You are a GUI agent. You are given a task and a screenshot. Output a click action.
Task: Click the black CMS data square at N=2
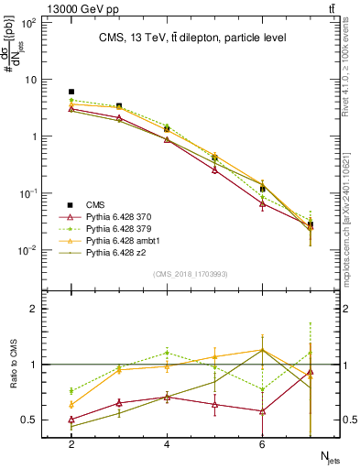pos(71,92)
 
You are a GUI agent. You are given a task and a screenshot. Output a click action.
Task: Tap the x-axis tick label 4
pos(167,444)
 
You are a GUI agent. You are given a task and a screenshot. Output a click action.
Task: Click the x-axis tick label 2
pos(71,444)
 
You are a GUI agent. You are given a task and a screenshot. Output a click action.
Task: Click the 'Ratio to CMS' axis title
pos(16,364)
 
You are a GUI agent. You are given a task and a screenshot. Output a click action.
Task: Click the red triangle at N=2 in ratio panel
pos(71,420)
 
